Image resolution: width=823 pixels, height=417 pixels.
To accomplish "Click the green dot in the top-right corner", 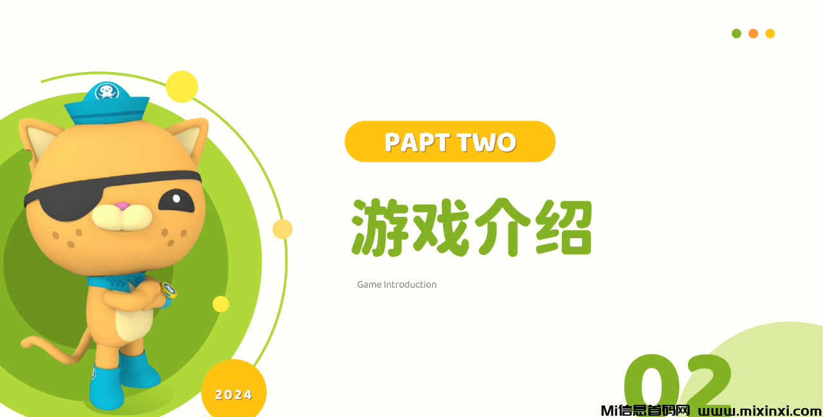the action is click(736, 33).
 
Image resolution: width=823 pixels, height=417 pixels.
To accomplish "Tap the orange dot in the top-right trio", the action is click(753, 33).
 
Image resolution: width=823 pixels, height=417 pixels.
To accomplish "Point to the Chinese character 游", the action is click(380, 227).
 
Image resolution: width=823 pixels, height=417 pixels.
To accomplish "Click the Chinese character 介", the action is click(503, 227).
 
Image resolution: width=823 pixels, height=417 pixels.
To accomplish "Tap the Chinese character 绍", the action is click(564, 227).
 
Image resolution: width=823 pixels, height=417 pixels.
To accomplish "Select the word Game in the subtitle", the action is click(369, 284).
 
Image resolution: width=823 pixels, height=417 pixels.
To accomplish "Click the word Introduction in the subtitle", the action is click(410, 284).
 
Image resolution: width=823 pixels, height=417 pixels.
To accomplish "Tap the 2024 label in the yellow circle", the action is click(233, 395).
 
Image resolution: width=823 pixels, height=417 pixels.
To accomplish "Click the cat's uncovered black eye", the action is click(176, 201).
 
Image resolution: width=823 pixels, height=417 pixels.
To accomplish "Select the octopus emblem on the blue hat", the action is click(107, 91).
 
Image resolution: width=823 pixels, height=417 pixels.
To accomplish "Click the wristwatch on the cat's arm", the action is click(168, 292).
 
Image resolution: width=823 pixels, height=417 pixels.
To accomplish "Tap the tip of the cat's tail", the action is click(24, 344).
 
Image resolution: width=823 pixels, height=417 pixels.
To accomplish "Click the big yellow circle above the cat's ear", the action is click(182, 87).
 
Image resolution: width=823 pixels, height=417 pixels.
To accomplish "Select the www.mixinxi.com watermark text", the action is click(760, 411).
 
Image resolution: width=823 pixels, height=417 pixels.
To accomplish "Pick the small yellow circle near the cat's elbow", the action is click(221, 304).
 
